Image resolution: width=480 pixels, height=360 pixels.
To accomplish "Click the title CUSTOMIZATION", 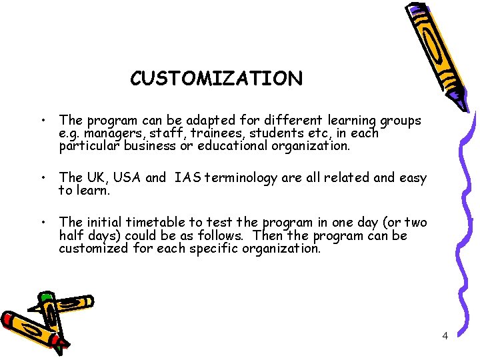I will point(216,79).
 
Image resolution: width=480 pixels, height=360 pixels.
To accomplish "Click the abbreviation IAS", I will point(189,177).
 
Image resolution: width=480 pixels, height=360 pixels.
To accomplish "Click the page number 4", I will point(445,335).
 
